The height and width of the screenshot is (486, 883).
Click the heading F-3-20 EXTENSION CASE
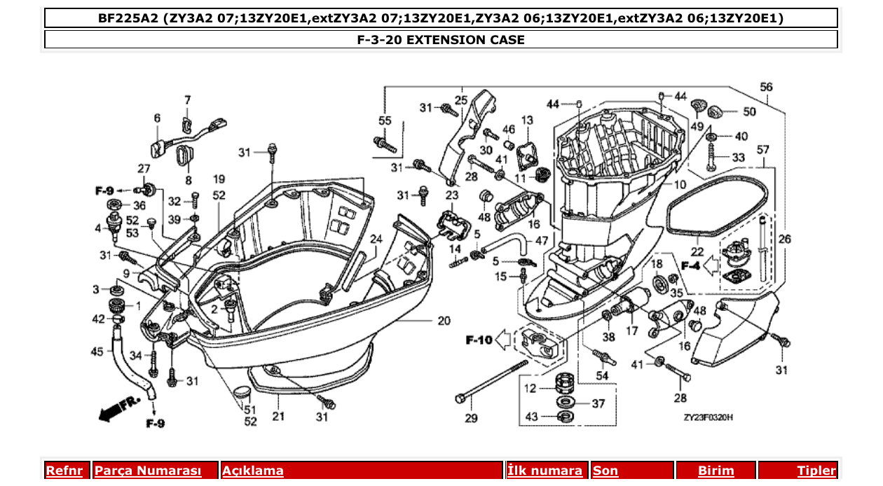441,40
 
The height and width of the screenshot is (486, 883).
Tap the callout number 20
444,321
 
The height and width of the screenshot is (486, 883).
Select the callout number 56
766,87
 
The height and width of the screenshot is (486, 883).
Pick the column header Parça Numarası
148,471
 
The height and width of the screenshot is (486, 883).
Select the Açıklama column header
253,471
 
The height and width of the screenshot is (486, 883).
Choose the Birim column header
716,471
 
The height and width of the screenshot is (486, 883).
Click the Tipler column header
816,471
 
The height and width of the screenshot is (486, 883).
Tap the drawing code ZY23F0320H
709,417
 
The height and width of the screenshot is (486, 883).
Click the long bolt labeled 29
491,381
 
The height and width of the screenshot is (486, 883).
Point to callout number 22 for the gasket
697,251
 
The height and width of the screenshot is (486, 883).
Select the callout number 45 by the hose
97,352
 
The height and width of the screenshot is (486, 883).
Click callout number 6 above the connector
157,118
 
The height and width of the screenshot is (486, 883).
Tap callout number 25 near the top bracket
460,100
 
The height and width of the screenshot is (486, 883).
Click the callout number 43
531,417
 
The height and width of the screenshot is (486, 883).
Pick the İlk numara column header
545,471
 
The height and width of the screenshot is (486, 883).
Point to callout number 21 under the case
278,417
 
